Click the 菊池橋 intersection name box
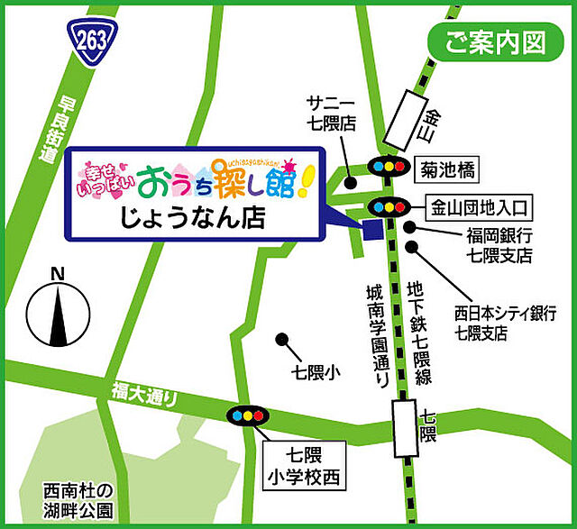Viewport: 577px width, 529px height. click(448, 167)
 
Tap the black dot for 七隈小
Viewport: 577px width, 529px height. click(281, 341)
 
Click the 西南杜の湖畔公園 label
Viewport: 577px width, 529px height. click(79, 502)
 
